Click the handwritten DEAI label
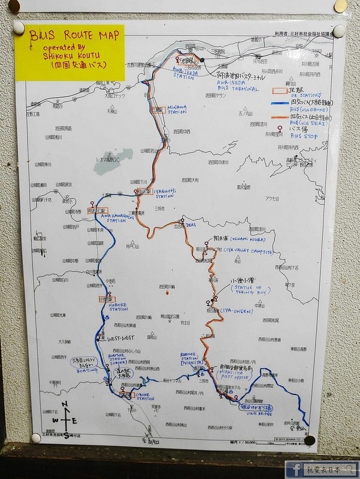click(191, 226)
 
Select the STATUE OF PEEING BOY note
click(250, 292)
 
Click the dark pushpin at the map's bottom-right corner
click(309, 440)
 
